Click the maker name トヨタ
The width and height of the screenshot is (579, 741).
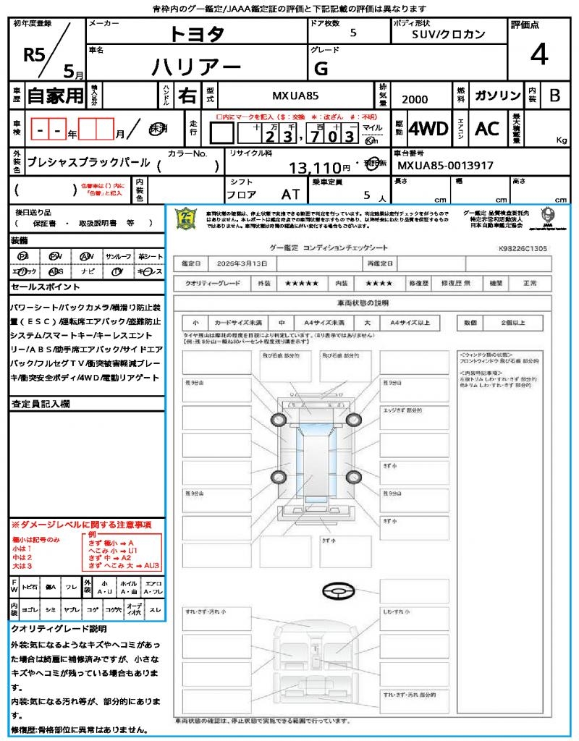pyautogui.click(x=197, y=33)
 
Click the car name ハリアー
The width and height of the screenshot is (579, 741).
pyautogui.click(x=196, y=67)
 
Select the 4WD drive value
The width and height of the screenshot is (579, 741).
pyautogui.click(x=428, y=129)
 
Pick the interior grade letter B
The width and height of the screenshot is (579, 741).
pyautogui.click(x=554, y=96)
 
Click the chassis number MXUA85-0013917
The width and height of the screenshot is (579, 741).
pyautogui.click(x=446, y=166)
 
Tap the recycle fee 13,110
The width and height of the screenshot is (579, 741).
pyautogui.click(x=320, y=168)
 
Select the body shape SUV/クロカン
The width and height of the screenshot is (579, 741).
pyautogui.click(x=449, y=34)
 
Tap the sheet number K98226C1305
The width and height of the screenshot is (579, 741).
pyautogui.click(x=523, y=248)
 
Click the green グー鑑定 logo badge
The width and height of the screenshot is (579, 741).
pyautogui.click(x=187, y=219)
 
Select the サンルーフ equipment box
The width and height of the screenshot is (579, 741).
pyautogui.click(x=119, y=257)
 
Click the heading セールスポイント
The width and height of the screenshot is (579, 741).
pyautogui.click(x=39, y=287)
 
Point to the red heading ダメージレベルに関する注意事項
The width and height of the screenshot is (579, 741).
pyautogui.click(x=81, y=524)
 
